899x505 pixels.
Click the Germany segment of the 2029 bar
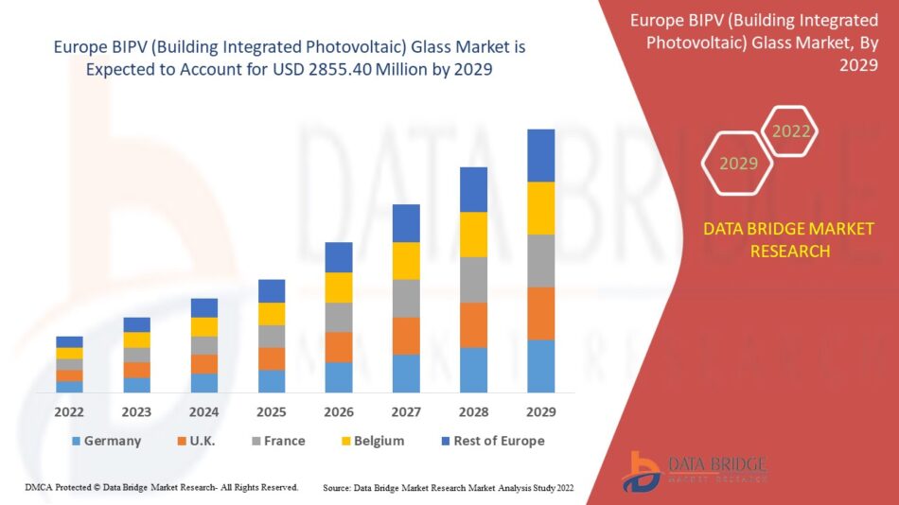click(540, 366)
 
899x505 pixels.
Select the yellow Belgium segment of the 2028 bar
click(473, 235)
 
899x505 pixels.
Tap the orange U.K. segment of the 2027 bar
click(406, 336)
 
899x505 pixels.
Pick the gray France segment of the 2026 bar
click(339, 317)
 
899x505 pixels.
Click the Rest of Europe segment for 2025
click(272, 290)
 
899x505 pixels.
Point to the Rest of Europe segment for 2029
click(540, 155)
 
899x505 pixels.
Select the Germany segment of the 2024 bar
click(204, 383)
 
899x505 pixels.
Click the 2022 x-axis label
click(69, 412)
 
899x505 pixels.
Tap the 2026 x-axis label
click(339, 412)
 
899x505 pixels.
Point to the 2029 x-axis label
click(540, 412)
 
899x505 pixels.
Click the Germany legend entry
click(106, 441)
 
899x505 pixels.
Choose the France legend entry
click(277, 441)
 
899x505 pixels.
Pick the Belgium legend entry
click(371, 441)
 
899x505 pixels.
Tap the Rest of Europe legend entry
click(491, 441)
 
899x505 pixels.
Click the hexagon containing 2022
click(790, 131)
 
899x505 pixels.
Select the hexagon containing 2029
click(738, 164)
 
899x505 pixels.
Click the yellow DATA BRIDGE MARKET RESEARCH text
click(788, 240)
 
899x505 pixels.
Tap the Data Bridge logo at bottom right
click(696, 470)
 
